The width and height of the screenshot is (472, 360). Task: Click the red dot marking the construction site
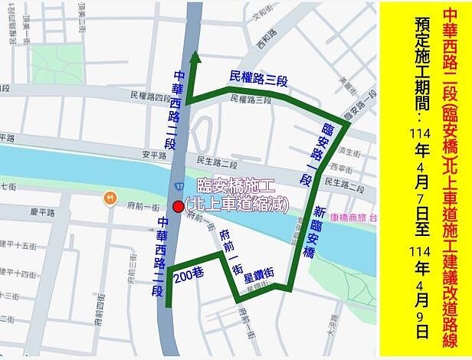coord(179,206)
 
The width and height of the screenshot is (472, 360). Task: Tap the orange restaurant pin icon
coord(110,198)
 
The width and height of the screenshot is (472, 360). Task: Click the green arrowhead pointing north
coord(195,58)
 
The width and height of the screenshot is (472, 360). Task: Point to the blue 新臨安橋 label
coord(320,231)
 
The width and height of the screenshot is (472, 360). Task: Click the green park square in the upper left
coord(57,64)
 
